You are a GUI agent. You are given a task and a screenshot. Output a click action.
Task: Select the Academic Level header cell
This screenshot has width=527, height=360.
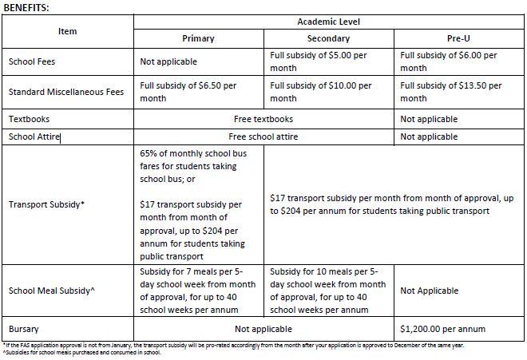(329, 22)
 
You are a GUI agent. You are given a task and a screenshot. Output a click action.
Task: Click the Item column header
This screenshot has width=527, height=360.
(67, 30)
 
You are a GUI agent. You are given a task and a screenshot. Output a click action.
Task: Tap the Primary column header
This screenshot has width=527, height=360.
(198, 38)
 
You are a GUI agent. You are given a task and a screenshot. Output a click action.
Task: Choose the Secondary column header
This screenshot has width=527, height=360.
(329, 38)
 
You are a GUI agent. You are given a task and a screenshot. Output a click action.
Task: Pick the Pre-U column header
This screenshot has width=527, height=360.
(461, 38)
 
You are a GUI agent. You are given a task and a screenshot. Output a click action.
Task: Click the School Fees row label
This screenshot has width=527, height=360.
(32, 61)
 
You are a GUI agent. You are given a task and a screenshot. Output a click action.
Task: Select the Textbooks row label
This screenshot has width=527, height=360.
(29, 119)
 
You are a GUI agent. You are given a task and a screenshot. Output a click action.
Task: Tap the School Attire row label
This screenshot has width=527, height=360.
(34, 136)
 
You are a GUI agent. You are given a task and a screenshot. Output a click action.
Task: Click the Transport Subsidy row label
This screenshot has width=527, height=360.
(46, 204)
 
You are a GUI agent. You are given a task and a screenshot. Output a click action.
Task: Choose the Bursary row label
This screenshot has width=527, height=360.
(23, 329)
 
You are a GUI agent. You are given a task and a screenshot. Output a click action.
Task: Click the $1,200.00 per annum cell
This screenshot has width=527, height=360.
(440, 329)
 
